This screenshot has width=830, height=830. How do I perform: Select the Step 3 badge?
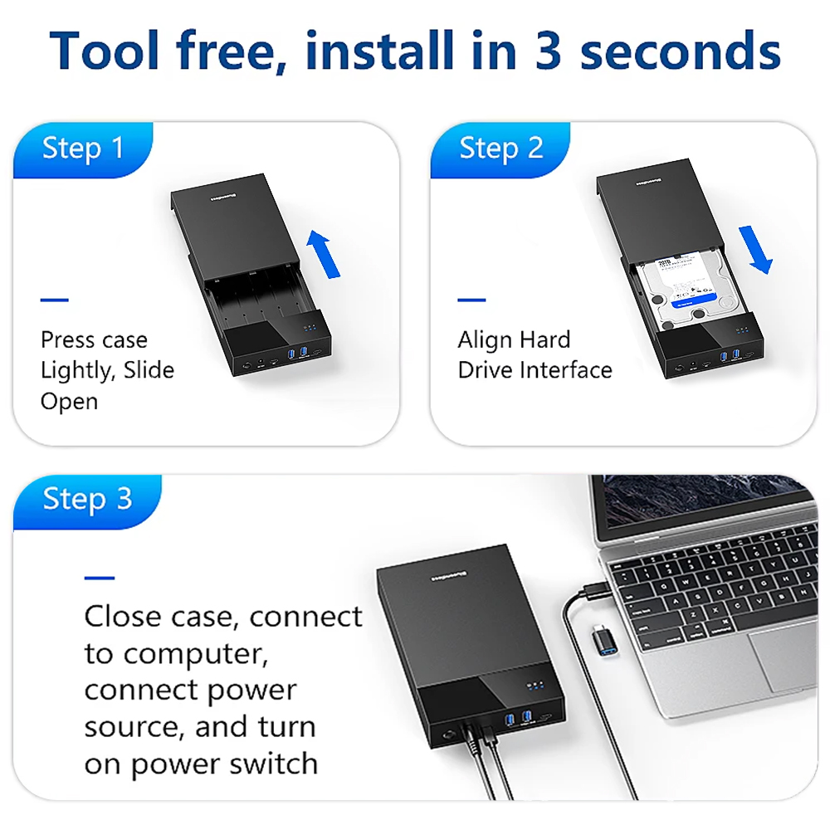point(87,499)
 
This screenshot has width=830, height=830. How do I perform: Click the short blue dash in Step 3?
point(99,578)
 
